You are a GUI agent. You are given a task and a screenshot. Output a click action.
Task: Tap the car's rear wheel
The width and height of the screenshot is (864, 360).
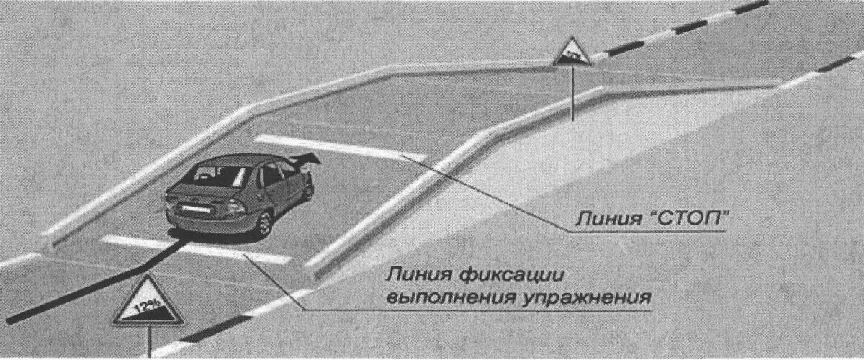click(x=264, y=224)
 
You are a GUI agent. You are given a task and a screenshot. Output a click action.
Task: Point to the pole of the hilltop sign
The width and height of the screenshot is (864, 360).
click(x=572, y=94)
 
